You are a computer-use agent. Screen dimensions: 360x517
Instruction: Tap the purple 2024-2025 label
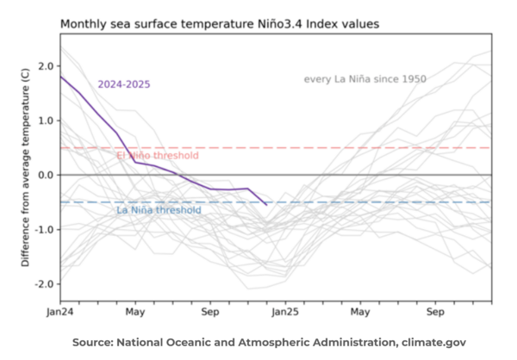(x=126, y=84)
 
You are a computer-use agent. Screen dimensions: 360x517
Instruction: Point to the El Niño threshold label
(x=157, y=156)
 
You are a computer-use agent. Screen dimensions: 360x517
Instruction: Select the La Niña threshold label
(x=159, y=210)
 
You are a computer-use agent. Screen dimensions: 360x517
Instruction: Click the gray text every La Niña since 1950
(x=364, y=79)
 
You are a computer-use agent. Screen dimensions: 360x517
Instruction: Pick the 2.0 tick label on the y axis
(x=46, y=66)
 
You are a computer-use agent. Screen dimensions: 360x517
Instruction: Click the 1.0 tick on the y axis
(x=46, y=121)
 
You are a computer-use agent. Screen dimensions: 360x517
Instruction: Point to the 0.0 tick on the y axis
(x=46, y=175)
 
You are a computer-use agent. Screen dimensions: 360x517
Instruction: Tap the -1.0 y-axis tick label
(x=43, y=229)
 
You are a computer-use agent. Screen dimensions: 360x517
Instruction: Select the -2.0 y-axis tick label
(x=43, y=283)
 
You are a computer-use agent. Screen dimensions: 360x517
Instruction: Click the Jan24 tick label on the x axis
(x=60, y=312)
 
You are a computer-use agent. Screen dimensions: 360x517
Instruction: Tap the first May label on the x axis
(x=134, y=312)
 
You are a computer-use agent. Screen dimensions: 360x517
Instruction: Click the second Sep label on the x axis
(x=435, y=312)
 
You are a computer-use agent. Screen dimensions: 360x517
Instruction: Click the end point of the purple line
(x=265, y=204)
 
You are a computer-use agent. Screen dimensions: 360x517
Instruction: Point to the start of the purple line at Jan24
(x=61, y=77)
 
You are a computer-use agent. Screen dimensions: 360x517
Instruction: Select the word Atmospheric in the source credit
(x=274, y=342)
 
